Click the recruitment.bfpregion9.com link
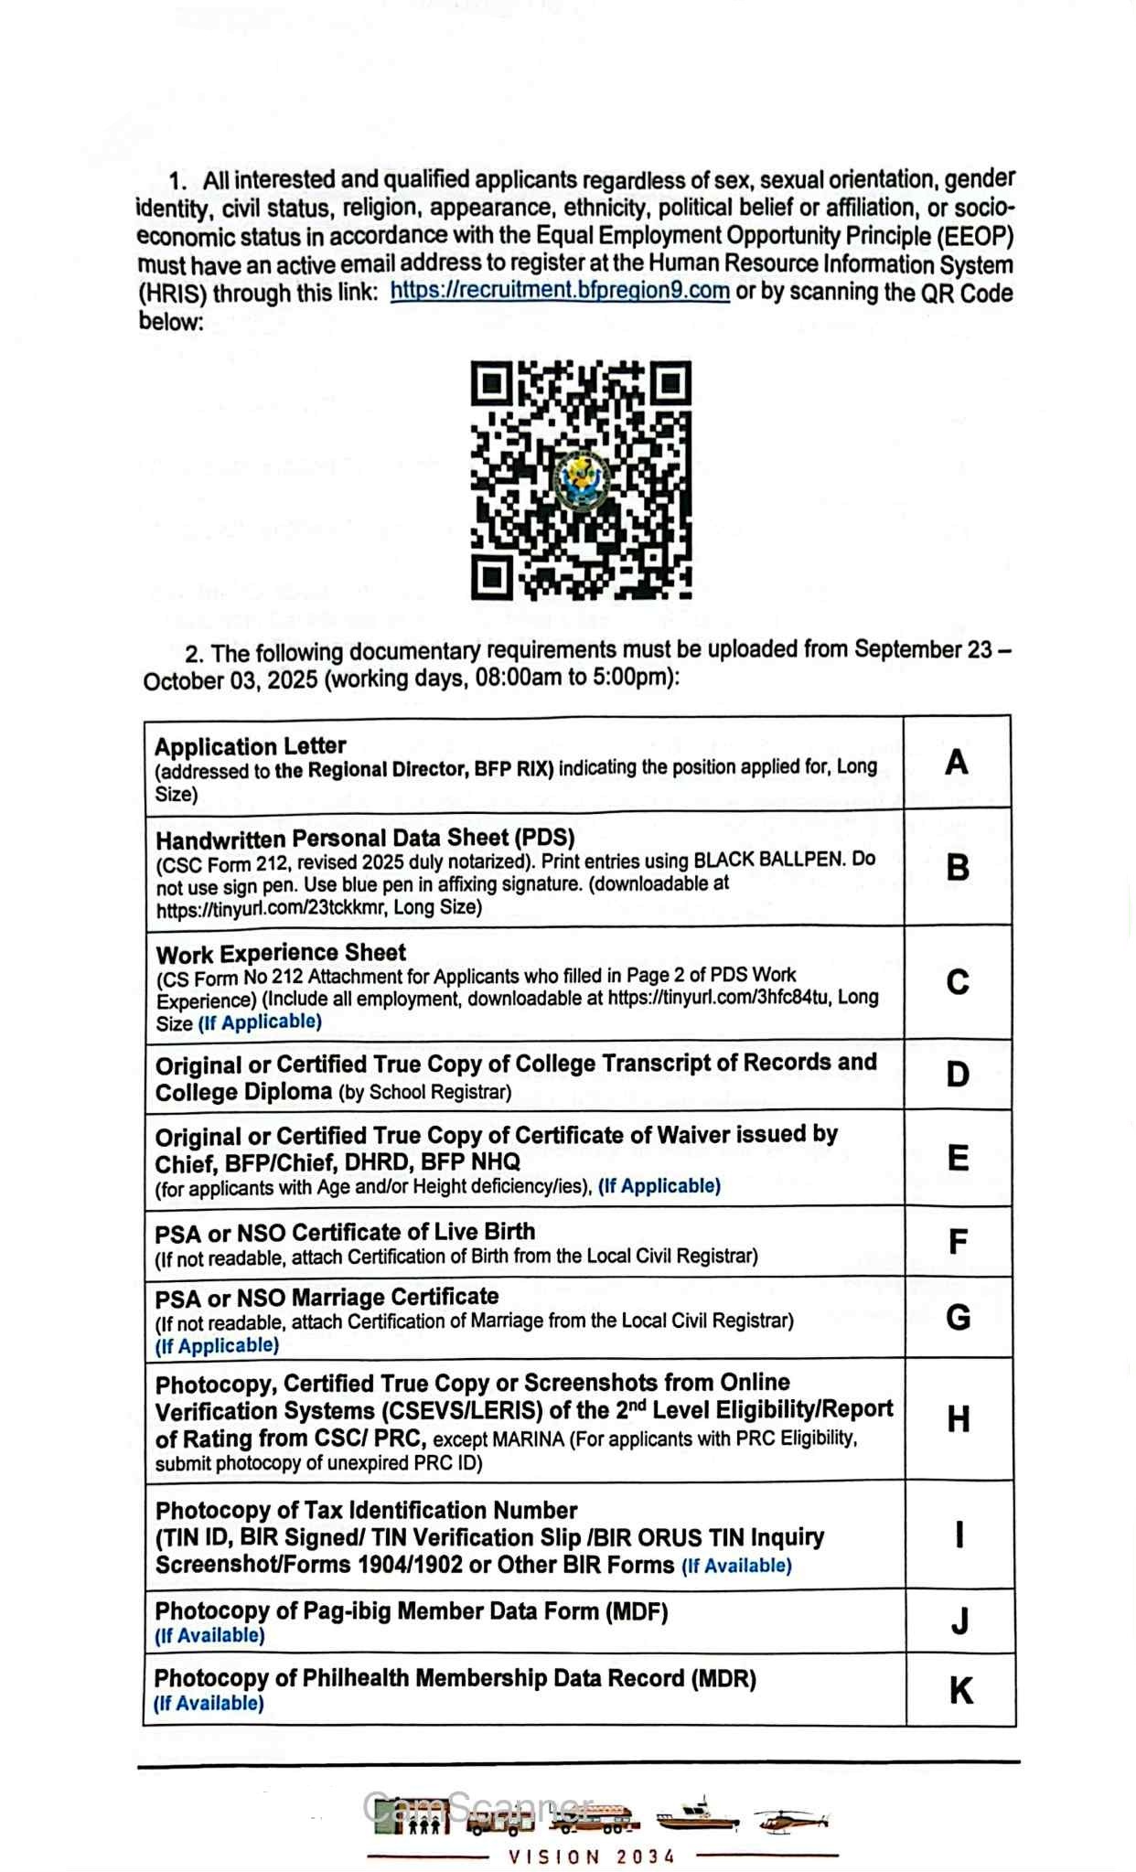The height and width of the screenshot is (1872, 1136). [560, 291]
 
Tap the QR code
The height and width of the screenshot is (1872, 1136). [581, 479]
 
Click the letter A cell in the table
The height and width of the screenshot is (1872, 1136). [957, 762]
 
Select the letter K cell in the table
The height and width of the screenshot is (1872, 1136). [960, 1690]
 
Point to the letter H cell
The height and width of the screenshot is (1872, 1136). [959, 1419]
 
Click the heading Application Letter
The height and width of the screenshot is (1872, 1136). [250, 745]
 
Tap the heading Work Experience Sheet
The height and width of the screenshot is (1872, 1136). [281, 954]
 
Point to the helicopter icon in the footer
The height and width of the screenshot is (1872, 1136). [792, 1820]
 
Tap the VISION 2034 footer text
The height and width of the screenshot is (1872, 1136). [592, 1856]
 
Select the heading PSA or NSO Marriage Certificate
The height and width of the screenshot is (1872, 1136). [327, 1298]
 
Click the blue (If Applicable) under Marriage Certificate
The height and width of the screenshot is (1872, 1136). [217, 1345]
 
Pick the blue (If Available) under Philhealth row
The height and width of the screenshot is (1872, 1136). [209, 1703]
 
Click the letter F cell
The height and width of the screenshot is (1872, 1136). [958, 1242]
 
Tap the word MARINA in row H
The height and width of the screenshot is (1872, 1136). [528, 1439]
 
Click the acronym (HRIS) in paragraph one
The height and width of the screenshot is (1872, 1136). [173, 294]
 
